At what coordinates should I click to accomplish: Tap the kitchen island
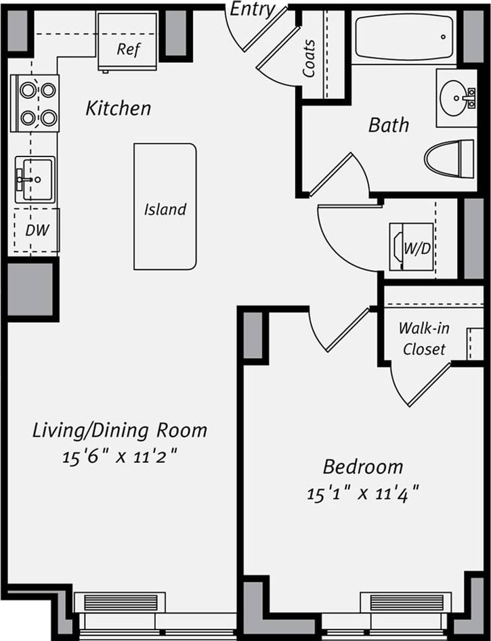coord(165,206)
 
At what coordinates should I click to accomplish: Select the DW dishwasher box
coord(36,230)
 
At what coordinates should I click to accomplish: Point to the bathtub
coord(404,37)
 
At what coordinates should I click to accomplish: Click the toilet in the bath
coord(450,158)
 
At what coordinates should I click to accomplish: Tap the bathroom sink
coord(456,97)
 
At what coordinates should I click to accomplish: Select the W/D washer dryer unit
coord(411,247)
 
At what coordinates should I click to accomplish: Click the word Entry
coord(253,9)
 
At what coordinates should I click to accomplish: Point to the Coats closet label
coord(309,58)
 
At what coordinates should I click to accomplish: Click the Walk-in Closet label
coord(423,338)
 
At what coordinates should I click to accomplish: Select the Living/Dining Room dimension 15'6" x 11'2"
coord(120,456)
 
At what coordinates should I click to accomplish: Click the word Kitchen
coord(118,108)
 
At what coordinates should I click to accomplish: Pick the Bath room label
coord(389,125)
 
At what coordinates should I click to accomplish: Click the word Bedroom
coord(362,466)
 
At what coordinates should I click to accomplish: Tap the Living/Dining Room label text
coord(120,430)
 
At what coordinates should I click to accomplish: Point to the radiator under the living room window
coord(120,602)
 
